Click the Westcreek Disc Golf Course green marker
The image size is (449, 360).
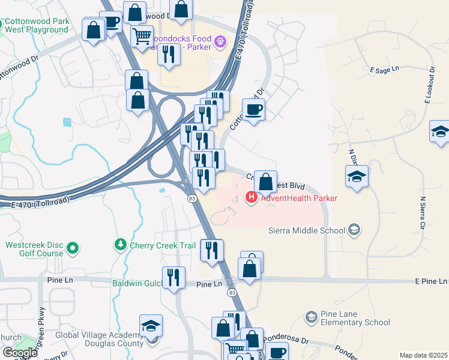click(73, 247)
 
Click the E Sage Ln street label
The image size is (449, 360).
click(385, 70)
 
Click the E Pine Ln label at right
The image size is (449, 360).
click(430, 281)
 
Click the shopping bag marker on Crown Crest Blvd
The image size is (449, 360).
click(265, 181)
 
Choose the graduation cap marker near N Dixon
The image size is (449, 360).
click(357, 177)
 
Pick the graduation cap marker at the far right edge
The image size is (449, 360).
click(440, 132)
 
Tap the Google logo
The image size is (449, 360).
click(20, 352)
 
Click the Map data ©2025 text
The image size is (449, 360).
click(423, 355)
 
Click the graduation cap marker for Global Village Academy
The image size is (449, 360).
click(151, 326)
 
